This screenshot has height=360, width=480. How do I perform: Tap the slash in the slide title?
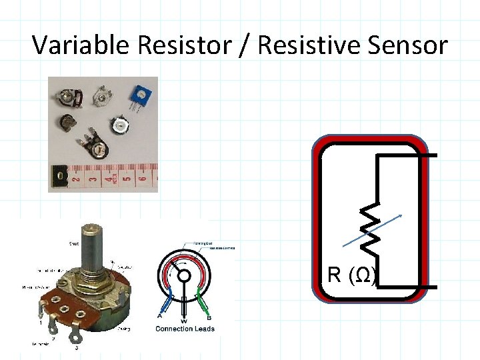[x=244, y=45]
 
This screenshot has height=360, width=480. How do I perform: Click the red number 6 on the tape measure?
[x=141, y=177]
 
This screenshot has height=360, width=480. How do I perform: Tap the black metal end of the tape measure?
[x=58, y=178]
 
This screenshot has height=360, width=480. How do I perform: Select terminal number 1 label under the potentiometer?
[x=41, y=323]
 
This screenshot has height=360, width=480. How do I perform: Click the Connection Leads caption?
[x=185, y=329]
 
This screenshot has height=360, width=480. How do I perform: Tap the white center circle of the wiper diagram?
[x=184, y=277]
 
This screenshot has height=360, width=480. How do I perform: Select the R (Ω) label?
[x=352, y=275]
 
